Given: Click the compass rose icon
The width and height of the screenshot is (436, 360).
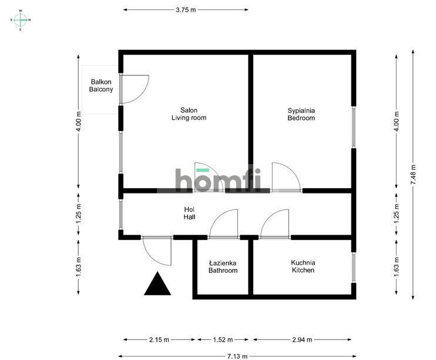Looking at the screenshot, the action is (21, 20).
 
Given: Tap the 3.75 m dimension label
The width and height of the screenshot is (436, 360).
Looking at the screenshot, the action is (186, 10).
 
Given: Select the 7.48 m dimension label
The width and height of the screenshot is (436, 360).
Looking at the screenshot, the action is (413, 174).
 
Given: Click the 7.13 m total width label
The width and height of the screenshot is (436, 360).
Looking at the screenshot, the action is (237, 356).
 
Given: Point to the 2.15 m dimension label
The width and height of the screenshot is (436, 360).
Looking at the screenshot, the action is (159, 339).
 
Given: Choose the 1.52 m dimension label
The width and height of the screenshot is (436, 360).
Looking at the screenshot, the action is (223, 339).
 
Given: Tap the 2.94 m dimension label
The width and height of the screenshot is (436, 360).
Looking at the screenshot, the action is (302, 339).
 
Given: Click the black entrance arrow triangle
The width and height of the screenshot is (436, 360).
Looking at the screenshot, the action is (157, 284).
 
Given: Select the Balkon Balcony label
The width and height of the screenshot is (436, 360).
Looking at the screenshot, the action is (101, 85).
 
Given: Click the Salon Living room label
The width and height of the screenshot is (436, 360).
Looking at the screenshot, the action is (189, 114).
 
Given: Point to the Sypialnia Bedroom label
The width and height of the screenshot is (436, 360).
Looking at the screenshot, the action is (301, 114).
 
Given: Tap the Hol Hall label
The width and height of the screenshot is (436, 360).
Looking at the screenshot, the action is (189, 214).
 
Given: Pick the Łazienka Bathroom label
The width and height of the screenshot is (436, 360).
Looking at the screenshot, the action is (223, 266).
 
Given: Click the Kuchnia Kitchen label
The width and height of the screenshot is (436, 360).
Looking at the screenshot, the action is (303, 266).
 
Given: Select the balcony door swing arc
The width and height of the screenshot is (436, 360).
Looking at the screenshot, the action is (144, 94).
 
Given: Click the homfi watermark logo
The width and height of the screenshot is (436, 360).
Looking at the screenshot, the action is (218, 180).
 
